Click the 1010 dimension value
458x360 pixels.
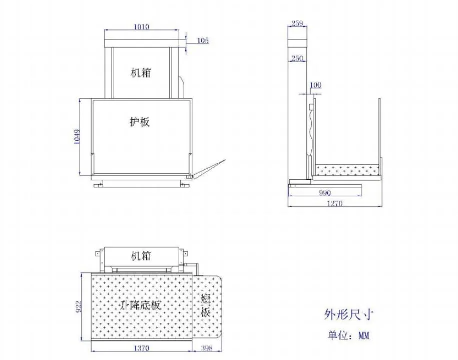(142, 27)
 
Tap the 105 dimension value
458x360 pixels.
(203, 41)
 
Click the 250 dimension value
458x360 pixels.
(297, 59)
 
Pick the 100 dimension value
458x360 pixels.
(316, 85)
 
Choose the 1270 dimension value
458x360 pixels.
(336, 203)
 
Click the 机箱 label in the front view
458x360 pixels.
(141, 73)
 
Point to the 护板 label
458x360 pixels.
(140, 121)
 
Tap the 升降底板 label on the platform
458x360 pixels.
(141, 304)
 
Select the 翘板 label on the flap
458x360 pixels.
(206, 305)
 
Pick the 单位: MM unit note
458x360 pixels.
(348, 335)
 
